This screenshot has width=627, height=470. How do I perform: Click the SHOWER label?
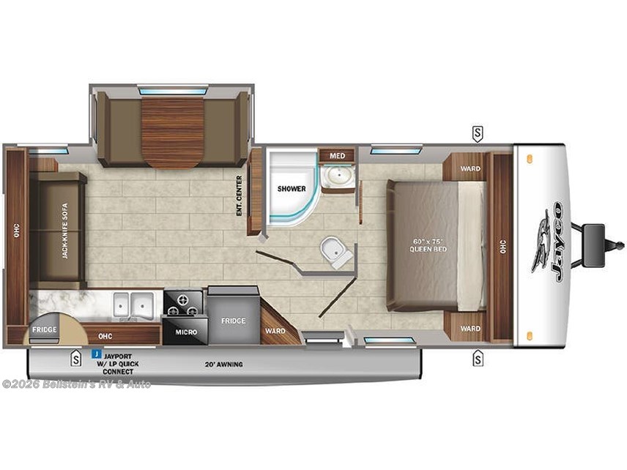(291, 189)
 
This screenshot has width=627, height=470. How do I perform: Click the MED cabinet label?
(337, 155)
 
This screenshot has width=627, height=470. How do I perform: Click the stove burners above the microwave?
(183, 302)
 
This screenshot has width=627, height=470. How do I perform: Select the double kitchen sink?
(133, 305)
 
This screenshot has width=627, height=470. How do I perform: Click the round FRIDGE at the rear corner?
(45, 330)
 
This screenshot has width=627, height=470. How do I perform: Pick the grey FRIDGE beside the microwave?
(234, 321)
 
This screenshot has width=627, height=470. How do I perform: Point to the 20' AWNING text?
(224, 364)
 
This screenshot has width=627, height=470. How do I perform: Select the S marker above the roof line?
(478, 133)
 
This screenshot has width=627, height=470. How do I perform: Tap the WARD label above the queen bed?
(470, 169)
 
